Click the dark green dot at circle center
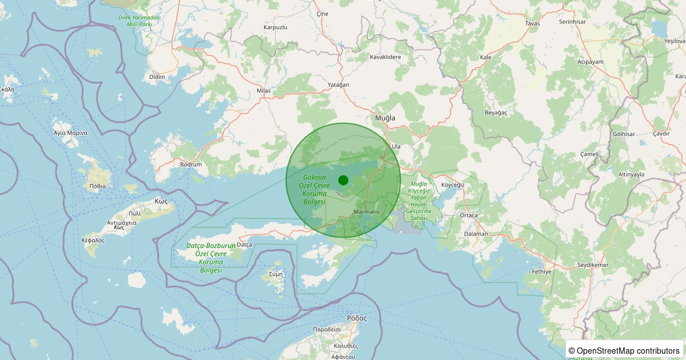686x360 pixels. [343, 180]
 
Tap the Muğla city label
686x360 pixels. [385, 118]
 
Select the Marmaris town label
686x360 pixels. [366, 212]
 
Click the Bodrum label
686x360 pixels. [191, 165]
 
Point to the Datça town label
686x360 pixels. [244, 245]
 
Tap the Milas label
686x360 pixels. [264, 91]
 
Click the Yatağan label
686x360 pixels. [337, 85]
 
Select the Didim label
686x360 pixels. [157, 77]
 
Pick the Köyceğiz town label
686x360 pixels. [453, 185]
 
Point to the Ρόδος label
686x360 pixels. [357, 318]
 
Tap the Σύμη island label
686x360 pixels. [276, 274]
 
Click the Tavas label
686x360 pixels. [532, 23]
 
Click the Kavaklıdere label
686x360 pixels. [385, 57]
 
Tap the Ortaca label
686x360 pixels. [468, 215]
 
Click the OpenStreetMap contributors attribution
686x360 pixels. [625, 350]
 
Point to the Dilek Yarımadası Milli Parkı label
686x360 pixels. [139, 21]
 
